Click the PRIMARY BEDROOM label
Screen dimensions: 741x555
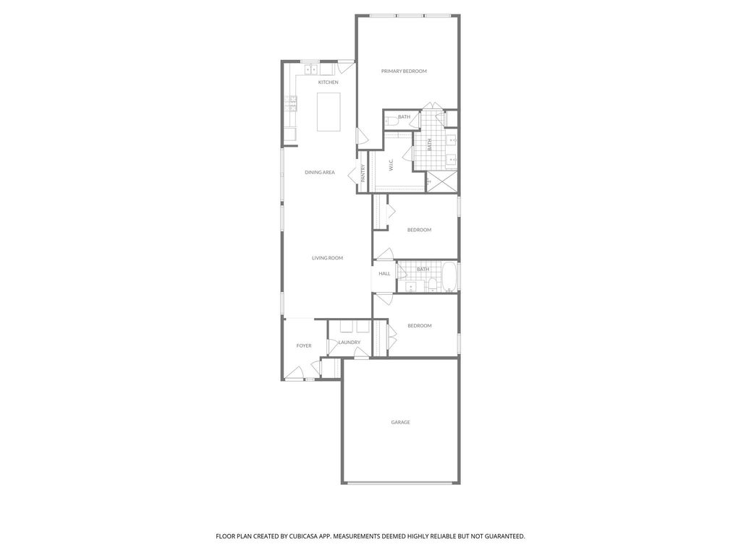coord(404,72)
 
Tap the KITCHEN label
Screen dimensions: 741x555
coord(328,82)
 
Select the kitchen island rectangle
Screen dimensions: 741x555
coord(329,112)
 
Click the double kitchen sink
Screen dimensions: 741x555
coord(311,70)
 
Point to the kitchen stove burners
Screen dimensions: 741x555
coord(291,103)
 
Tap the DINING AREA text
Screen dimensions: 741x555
coord(319,173)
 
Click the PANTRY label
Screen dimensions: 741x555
coord(363,173)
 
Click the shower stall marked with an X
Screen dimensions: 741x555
coord(442,181)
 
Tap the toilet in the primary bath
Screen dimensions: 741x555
coord(391,121)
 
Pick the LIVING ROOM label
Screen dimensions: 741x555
coord(327,258)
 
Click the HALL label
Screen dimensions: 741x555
coord(384,274)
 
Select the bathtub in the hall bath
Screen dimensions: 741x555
coord(449,277)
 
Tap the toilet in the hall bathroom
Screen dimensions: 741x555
coord(432,285)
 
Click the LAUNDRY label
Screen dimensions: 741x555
coord(350,343)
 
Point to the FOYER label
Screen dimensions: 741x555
coord(303,346)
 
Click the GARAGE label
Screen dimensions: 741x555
coord(400,422)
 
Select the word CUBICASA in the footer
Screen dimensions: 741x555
coord(305,536)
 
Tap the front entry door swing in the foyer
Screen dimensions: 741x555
coord(295,372)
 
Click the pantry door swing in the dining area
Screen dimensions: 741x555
coord(352,176)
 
